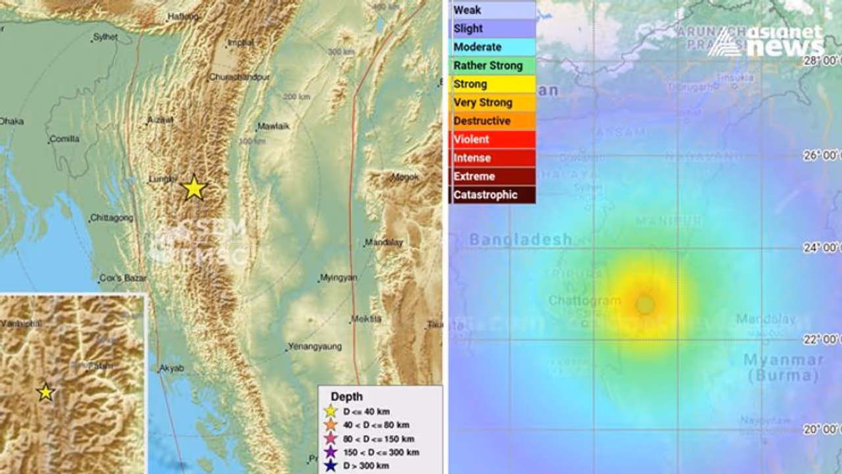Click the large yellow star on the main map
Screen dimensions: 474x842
194,188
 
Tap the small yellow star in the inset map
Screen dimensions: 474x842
45,392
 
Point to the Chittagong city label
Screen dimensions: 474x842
112,218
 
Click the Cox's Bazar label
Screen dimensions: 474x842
122,278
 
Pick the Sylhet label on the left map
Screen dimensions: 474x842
105,38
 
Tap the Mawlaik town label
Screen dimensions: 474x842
272,126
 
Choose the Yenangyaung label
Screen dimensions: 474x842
315,347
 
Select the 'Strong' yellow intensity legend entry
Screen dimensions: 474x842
493,84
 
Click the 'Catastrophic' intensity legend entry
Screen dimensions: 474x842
493,195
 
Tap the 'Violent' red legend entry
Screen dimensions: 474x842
493,140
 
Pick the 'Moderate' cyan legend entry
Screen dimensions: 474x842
493,47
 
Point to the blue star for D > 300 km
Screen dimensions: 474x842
330,466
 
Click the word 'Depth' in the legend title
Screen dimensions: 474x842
347,396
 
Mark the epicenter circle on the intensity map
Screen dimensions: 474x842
645,305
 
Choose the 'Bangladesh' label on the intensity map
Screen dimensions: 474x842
520,240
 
